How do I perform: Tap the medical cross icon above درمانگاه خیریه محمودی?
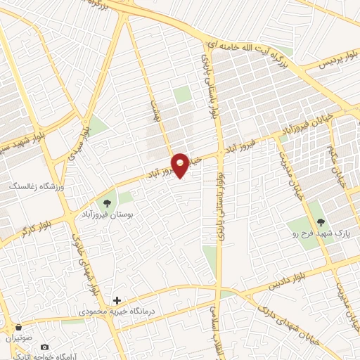117,300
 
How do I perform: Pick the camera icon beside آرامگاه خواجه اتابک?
45,347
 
